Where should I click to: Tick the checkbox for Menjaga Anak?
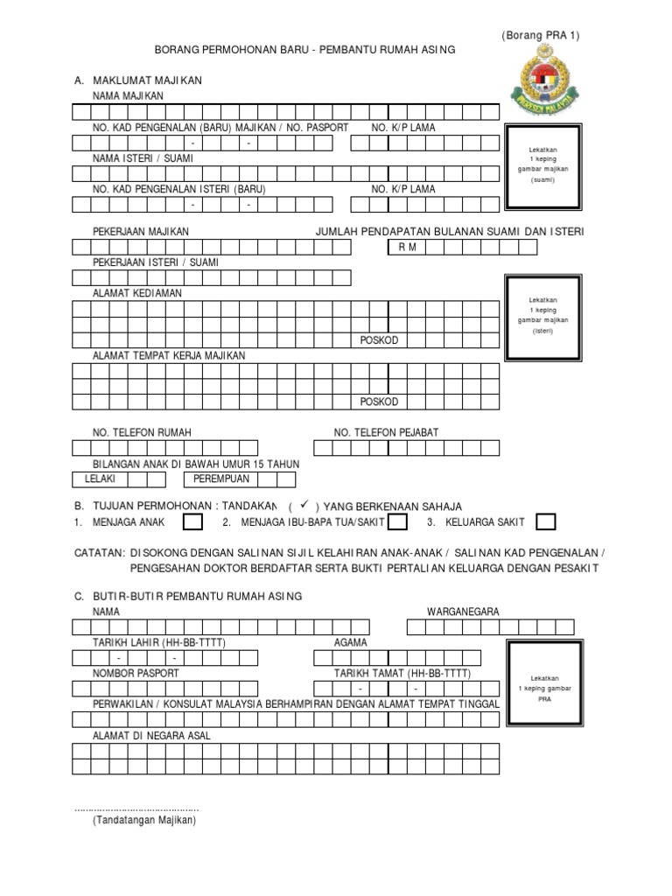pyautogui.click(x=192, y=522)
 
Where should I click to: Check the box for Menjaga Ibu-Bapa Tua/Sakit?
pyautogui.click(x=397, y=522)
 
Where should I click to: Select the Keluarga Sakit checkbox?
pyautogui.click(x=545, y=522)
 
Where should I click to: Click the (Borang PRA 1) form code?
pyautogui.click(x=540, y=35)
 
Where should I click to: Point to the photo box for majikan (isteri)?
pyautogui.click(x=542, y=320)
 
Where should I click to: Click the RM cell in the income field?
pyautogui.click(x=407, y=248)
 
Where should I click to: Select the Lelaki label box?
pyautogui.click(x=101, y=479)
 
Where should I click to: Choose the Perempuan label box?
pyautogui.click(x=216, y=479)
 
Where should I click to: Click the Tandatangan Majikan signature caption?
pyautogui.click(x=145, y=821)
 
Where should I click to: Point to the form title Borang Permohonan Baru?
pyautogui.click(x=304, y=52)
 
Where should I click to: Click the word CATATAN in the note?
pyautogui.click(x=100, y=553)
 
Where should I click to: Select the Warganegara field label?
pyautogui.click(x=463, y=612)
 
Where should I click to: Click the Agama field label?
pyautogui.click(x=351, y=642)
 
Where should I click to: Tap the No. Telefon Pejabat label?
pyautogui.click(x=386, y=432)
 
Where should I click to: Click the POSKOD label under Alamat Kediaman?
pyautogui.click(x=379, y=339)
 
